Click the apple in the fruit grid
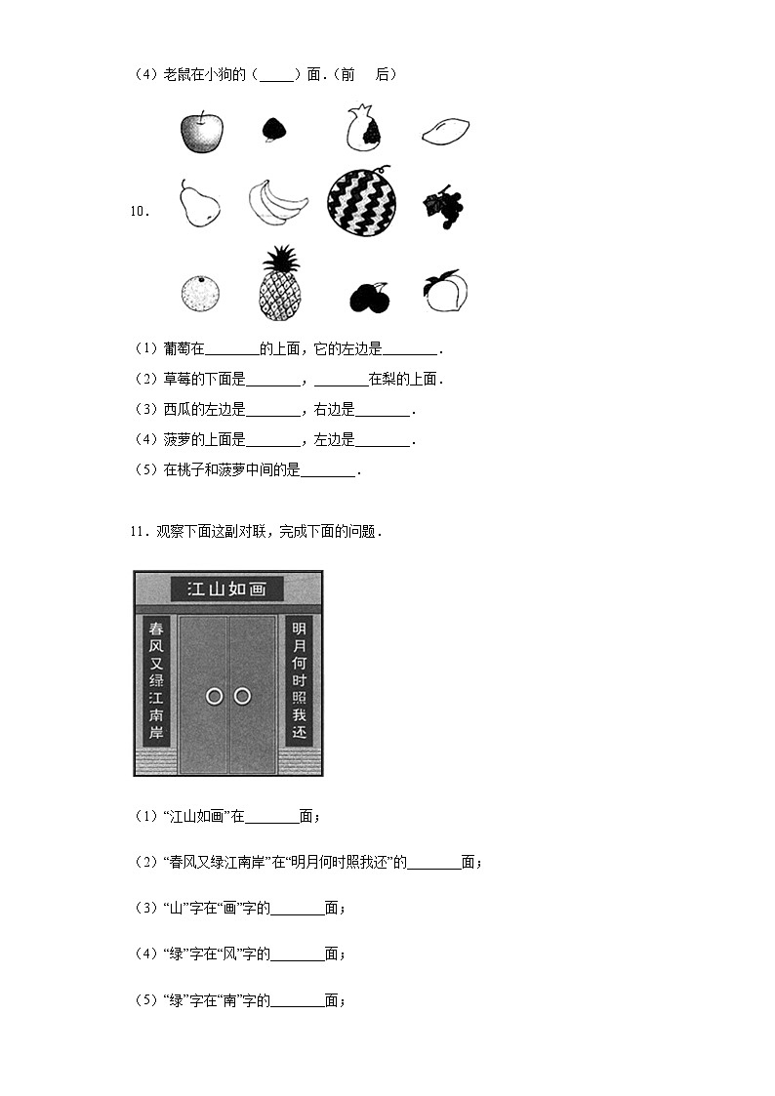tap(201, 132)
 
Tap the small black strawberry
tap(274, 130)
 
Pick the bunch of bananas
tap(276, 202)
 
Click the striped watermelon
tap(361, 202)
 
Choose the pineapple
tap(280, 283)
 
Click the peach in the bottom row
tap(445, 290)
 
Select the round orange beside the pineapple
tap(200, 293)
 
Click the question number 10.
tap(138, 210)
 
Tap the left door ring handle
tap(215, 696)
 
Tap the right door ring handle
tap(242, 696)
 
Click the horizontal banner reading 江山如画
tap(226, 589)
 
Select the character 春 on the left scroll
tap(156, 629)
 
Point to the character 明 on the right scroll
tap(299, 629)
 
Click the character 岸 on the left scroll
tap(156, 732)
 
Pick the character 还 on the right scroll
tap(299, 732)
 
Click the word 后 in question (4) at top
tap(383, 74)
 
